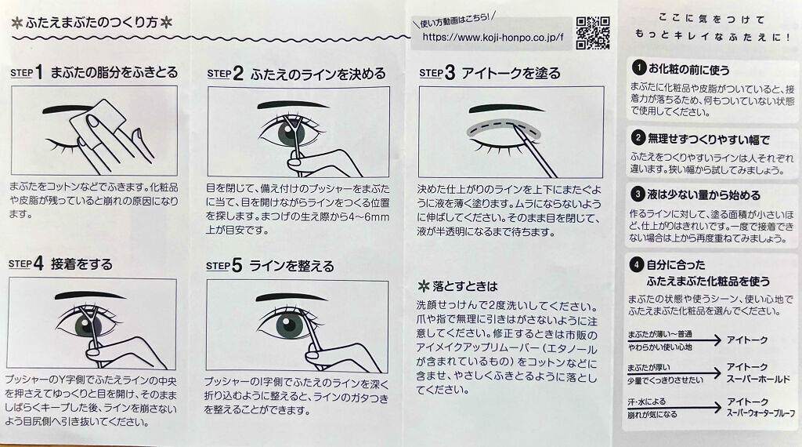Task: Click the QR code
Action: [593, 33]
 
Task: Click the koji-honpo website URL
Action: [493, 38]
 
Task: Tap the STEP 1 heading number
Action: [39, 71]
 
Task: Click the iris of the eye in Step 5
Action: [289, 325]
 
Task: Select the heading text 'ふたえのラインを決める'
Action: [318, 74]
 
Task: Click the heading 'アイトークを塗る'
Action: [511, 73]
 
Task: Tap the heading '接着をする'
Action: [81, 264]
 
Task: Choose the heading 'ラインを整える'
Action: [291, 266]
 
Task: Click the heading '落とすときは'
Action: [465, 285]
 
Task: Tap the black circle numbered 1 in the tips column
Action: [639, 67]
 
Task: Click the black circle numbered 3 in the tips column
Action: [638, 194]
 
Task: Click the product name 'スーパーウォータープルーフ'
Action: [761, 412]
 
